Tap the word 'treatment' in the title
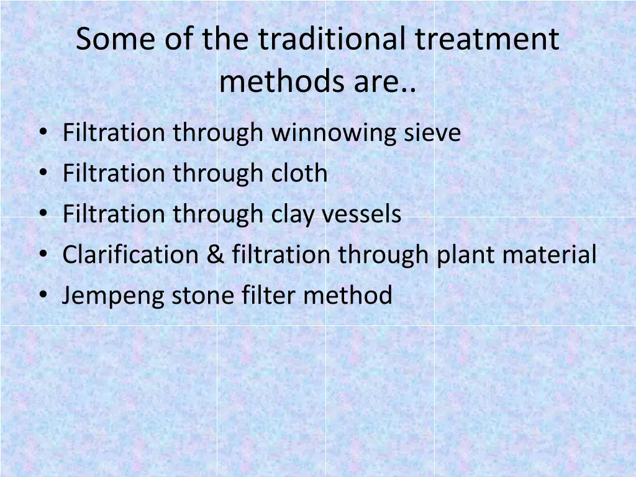click(487, 40)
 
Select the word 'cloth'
click(299, 173)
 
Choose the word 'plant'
click(464, 255)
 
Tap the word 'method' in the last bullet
click(348, 296)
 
